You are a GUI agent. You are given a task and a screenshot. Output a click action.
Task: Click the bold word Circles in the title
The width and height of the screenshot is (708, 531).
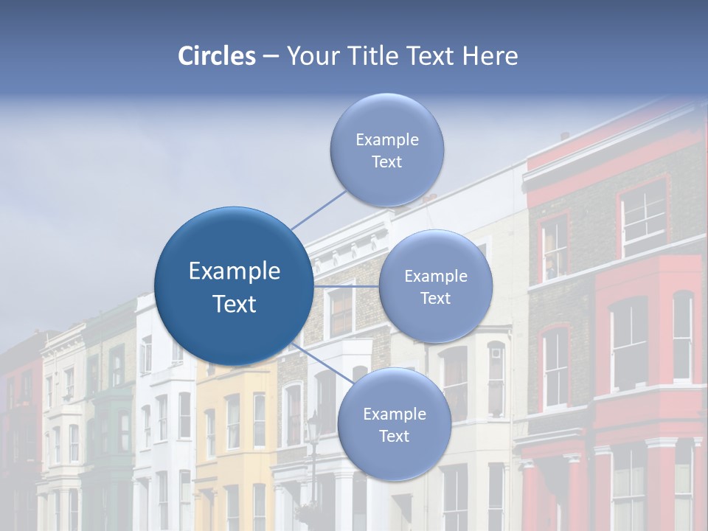pos(216,56)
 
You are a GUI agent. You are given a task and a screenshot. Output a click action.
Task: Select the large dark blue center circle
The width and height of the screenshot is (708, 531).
pos(234,286)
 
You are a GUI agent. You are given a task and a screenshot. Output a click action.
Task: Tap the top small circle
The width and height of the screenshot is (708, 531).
pos(386,150)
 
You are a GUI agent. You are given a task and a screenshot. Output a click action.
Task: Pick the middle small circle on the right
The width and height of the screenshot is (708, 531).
pos(435,287)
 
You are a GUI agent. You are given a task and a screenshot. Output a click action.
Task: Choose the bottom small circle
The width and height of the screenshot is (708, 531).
pos(394,425)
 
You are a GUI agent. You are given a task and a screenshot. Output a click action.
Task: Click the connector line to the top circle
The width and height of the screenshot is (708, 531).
pos(319,209)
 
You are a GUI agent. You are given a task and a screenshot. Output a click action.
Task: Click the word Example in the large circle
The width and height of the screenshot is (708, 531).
pos(234,271)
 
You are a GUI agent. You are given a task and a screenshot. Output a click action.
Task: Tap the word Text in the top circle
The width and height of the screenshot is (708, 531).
pos(386,162)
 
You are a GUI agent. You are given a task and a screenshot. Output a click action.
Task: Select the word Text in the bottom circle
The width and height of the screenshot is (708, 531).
pos(394,437)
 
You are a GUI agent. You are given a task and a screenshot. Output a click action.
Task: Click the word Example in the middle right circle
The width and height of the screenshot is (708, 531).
pos(435,277)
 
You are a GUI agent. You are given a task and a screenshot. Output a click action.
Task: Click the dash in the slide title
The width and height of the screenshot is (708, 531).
pos(270,56)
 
